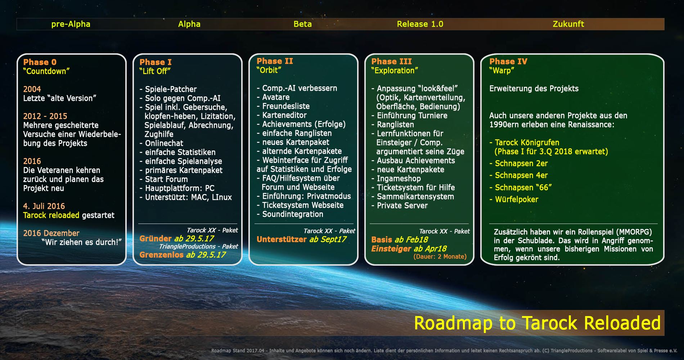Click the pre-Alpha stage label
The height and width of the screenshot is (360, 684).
(71, 24)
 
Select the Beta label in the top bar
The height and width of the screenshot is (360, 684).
(302, 24)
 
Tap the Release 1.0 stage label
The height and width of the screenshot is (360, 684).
(420, 24)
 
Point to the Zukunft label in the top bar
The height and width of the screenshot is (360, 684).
(568, 24)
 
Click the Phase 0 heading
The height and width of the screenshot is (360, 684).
(40, 62)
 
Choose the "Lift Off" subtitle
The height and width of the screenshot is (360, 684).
(155, 71)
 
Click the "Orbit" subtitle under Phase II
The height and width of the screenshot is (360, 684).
(269, 70)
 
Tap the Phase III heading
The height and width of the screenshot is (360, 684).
(391, 61)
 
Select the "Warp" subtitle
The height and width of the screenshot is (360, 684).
(501, 71)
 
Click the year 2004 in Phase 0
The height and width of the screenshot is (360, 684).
(32, 89)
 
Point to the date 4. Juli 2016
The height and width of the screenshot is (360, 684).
(44, 206)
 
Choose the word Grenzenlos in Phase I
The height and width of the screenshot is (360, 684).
(162, 255)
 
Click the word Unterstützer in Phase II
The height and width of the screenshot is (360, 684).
(282, 239)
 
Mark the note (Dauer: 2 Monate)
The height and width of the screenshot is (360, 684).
(440, 257)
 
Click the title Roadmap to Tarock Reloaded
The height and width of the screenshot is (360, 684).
(537, 323)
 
